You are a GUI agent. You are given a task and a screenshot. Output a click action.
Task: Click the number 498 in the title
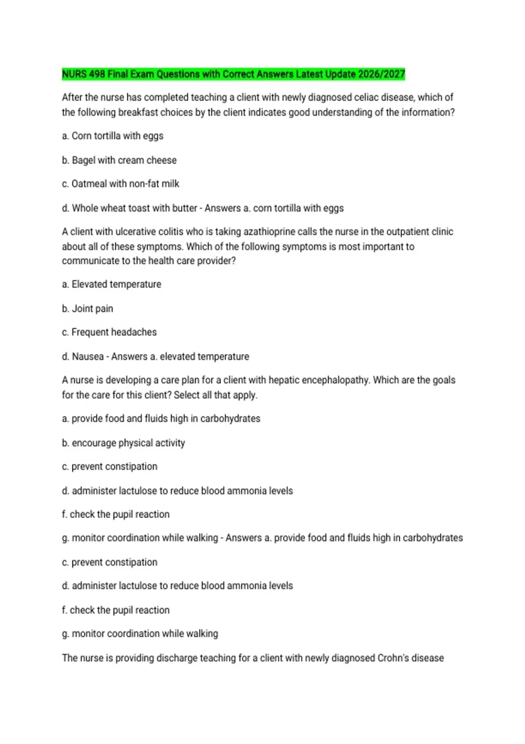[x=97, y=74]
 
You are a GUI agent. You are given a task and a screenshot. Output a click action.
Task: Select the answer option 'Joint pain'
[x=92, y=309]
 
